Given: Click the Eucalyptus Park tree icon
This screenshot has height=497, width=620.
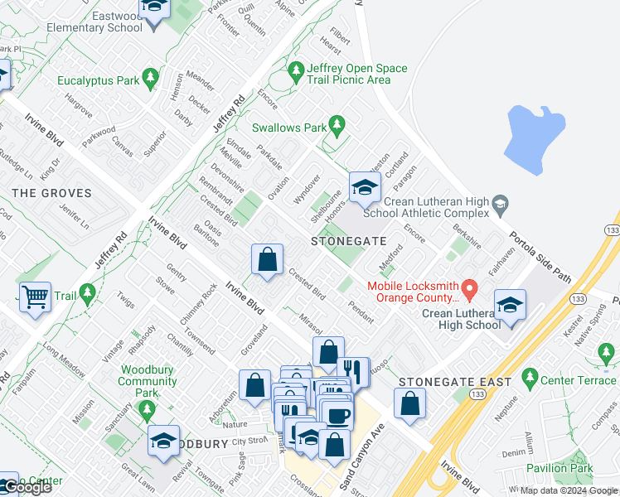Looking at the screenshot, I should click(150, 79).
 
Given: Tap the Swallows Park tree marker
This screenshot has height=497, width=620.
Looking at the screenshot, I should click(337, 125).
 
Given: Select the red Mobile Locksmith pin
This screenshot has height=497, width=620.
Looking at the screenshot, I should click(470, 290).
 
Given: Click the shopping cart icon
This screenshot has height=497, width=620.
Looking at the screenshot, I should click(35, 296).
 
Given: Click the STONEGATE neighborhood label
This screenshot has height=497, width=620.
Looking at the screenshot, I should click(348, 241).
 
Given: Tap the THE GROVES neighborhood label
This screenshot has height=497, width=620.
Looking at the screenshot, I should click(51, 193).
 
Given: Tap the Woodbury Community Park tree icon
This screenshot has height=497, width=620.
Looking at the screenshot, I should click(148, 408).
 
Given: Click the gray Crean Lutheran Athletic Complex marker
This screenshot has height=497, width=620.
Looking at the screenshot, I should click(500, 203).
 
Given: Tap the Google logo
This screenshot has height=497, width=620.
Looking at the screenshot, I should click(27, 488).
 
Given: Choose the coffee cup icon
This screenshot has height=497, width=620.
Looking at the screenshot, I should click(337, 415).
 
